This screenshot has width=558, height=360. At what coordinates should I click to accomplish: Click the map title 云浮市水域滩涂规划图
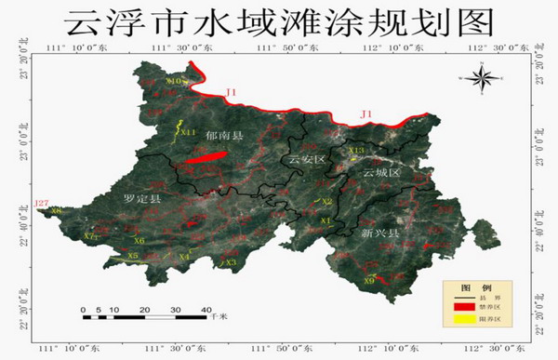[x=279, y=20]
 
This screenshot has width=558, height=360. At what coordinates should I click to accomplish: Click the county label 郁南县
[x=224, y=136]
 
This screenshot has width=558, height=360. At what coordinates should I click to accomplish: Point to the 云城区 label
[x=379, y=173]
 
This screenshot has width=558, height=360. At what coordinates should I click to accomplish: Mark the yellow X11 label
[x=188, y=132]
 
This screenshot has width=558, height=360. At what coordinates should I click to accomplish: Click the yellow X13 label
[x=358, y=150]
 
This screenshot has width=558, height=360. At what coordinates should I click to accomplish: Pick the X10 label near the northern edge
[x=173, y=82]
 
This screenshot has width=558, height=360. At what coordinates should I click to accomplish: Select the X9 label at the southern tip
[x=369, y=280]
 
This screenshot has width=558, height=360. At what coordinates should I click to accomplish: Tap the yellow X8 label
[x=56, y=211]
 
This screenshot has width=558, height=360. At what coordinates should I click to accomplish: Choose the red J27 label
[x=40, y=202]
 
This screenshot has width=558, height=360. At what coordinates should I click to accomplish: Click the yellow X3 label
[x=231, y=262]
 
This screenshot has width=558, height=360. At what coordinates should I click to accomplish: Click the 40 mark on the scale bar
[x=205, y=309]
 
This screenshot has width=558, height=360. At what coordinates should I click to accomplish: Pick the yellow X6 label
[x=139, y=241]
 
